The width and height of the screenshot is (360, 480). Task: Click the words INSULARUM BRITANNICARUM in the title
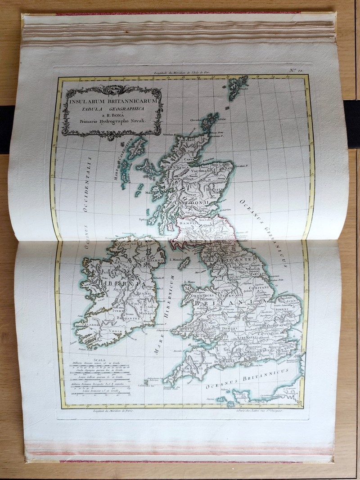[x=112, y=102]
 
